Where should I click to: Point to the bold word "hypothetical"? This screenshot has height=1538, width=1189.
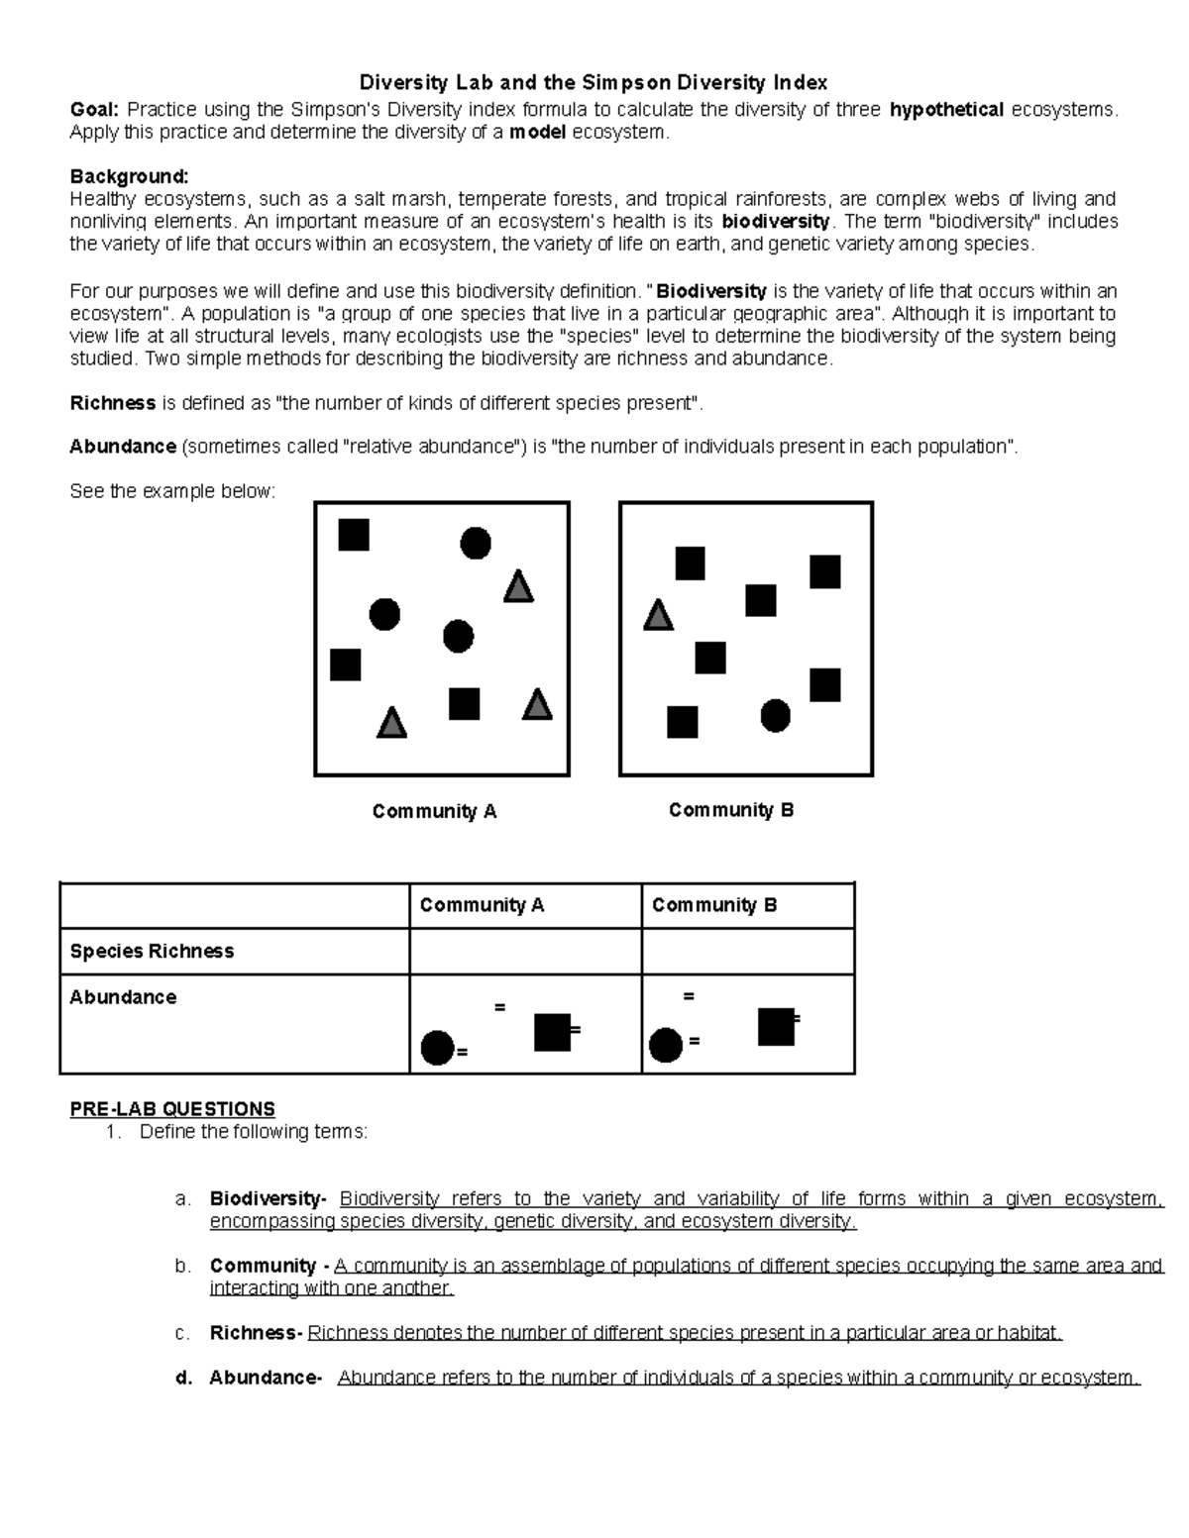(946, 110)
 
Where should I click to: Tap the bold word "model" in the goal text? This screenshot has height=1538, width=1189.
(537, 133)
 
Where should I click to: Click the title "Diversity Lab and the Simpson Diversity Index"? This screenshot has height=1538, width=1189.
(593, 82)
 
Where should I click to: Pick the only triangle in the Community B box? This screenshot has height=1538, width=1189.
(658, 616)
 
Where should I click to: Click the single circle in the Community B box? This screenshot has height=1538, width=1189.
(775, 715)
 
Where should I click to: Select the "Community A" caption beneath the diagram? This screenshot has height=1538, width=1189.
(434, 812)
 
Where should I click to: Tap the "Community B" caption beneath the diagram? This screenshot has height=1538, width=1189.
(731, 810)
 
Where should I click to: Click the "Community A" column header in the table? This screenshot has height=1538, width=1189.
(482, 905)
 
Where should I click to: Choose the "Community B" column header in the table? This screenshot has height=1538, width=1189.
(714, 905)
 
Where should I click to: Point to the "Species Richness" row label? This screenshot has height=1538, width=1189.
(152, 952)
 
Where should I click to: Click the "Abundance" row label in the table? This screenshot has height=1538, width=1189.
(123, 997)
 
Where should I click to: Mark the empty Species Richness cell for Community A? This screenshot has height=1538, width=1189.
(525, 952)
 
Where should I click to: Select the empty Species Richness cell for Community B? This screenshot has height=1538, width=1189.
(747, 952)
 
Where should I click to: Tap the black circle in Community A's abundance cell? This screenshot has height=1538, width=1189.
(437, 1047)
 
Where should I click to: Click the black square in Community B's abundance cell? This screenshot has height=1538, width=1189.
(776, 1027)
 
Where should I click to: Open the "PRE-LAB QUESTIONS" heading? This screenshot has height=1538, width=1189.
(172, 1109)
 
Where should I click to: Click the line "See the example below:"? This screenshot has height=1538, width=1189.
(171, 491)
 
